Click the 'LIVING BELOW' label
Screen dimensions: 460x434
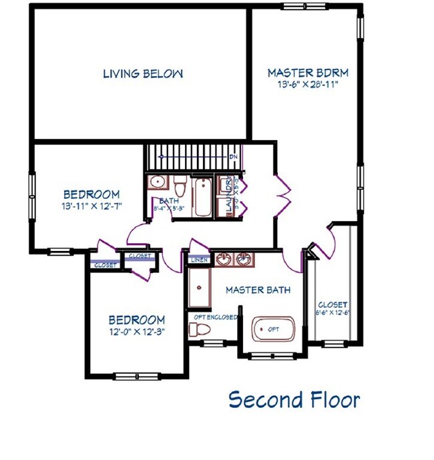coord(142,73)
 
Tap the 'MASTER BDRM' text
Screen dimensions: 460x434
coord(308,73)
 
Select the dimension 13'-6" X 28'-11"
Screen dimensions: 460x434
coord(308,85)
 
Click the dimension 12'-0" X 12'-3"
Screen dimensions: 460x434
coord(136,331)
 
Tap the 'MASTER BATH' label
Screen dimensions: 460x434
coord(258,290)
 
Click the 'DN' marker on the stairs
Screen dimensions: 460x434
coord(233,157)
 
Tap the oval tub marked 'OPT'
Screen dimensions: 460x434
coord(273,329)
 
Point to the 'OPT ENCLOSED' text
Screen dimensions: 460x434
coord(215,317)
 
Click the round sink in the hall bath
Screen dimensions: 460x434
coord(158,182)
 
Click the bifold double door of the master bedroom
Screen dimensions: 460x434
coord(281,194)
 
